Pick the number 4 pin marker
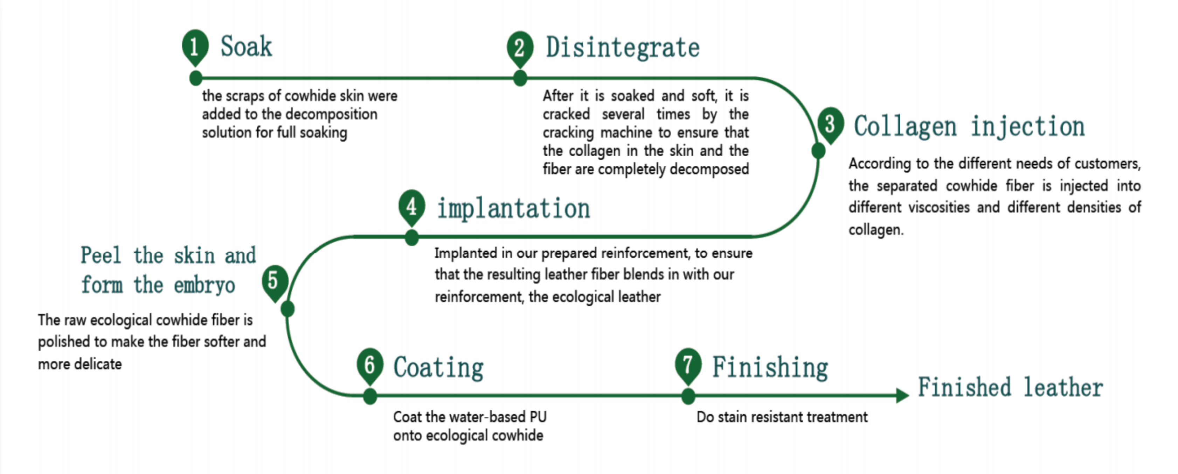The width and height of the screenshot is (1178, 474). (x=411, y=207)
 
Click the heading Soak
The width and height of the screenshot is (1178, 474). (x=247, y=46)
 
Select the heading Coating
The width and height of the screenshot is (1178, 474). (x=438, y=368)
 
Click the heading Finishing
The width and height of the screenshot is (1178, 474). (x=770, y=368)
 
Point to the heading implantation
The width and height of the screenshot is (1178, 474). (x=514, y=209)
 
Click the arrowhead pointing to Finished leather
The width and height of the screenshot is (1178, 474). (x=902, y=395)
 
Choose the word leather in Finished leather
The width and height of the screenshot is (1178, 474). (x=1063, y=388)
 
